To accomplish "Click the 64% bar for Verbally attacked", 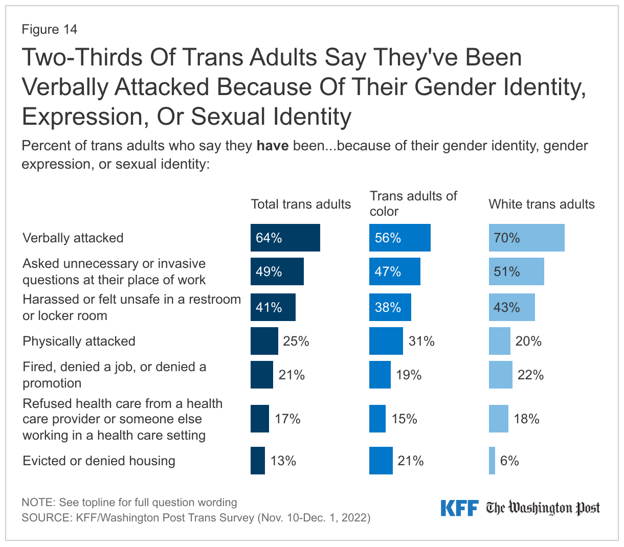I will (x=285, y=238).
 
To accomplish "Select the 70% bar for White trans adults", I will (x=526, y=238).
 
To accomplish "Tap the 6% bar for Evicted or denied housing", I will (x=492, y=461).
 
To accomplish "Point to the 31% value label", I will (x=421, y=341).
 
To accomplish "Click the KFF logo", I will (x=459, y=508).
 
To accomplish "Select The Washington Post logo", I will (x=543, y=508).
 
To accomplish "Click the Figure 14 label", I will (x=50, y=29).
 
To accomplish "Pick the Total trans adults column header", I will (x=301, y=204).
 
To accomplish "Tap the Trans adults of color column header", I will (x=413, y=203).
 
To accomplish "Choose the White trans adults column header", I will (x=542, y=204).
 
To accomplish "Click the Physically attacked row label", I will (x=79, y=341).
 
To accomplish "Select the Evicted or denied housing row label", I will (x=99, y=461).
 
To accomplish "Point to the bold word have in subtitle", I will (x=273, y=146).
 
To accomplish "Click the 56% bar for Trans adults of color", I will (x=399, y=238).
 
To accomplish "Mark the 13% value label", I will (x=283, y=461).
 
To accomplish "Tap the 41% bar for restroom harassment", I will (x=273, y=307).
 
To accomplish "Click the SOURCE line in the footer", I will (x=196, y=517).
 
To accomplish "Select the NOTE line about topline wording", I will (x=129, y=502).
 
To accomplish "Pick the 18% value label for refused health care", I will (x=526, y=419).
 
